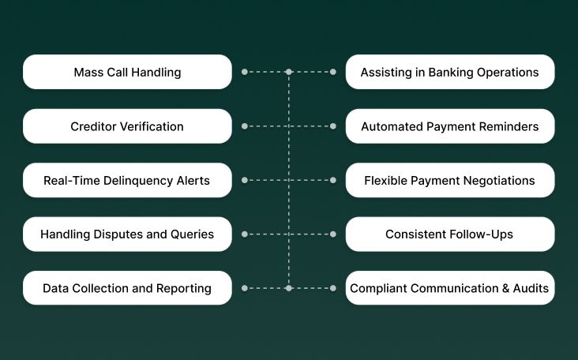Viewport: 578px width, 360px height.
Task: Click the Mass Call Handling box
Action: click(x=127, y=72)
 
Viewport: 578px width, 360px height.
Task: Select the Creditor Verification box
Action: click(x=127, y=126)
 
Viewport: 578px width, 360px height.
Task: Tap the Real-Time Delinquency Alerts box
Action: click(x=127, y=180)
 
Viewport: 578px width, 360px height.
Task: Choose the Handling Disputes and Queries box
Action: click(x=127, y=234)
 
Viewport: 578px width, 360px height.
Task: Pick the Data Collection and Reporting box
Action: click(x=127, y=288)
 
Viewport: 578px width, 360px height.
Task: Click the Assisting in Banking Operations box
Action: click(x=449, y=72)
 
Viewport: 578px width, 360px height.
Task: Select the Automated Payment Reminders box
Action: click(x=449, y=126)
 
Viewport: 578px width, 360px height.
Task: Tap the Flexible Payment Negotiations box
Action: click(x=449, y=180)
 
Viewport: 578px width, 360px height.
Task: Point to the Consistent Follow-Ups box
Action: click(x=449, y=234)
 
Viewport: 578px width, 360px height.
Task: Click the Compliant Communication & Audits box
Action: click(x=449, y=288)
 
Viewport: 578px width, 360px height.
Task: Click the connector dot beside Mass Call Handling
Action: click(x=244, y=72)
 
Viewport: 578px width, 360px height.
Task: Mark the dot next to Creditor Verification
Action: click(x=244, y=126)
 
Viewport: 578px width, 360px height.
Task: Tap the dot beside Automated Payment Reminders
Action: click(x=333, y=126)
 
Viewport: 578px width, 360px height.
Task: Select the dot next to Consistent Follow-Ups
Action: click(x=333, y=234)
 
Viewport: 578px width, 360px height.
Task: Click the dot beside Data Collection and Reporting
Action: click(x=244, y=288)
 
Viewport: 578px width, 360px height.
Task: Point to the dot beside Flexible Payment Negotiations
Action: click(x=333, y=180)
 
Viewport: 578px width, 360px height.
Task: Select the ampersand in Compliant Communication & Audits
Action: click(x=506, y=288)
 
